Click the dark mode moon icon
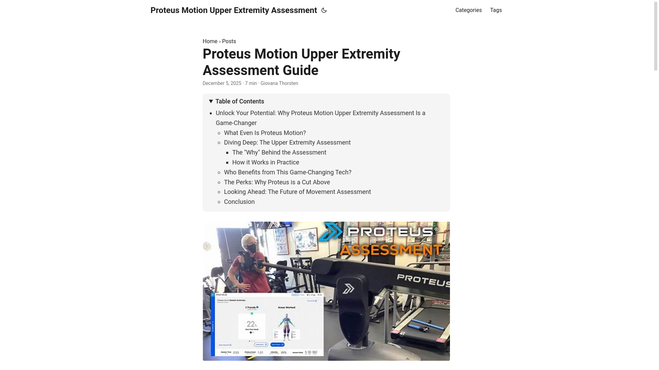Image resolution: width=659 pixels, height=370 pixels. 324,10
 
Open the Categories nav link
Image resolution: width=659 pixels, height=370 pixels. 468,10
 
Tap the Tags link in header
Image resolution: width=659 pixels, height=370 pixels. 496,10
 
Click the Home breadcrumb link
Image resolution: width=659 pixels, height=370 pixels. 210,41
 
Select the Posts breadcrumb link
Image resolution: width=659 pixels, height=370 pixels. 229,41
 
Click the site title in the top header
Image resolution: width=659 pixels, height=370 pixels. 233,10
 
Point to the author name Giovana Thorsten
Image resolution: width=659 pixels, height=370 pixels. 279,83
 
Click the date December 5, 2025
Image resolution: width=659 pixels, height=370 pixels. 222,83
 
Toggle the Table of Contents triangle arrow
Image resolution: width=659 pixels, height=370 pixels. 211,101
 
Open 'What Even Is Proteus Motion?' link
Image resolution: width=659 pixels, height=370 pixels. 265,133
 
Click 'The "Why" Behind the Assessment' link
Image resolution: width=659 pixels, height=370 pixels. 279,152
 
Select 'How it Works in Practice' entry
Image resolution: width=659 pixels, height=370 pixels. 265,162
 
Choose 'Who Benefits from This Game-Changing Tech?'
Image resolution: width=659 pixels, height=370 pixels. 287,172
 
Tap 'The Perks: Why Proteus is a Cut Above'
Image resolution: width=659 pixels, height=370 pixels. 277,182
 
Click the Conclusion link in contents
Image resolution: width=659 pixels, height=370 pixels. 239,202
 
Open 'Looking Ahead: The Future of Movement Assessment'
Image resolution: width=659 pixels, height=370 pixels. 297,192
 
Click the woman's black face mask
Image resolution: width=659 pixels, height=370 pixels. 252,248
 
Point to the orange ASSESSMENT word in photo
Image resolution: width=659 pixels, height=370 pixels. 391,250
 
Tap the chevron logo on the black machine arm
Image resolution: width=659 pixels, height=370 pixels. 348,288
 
